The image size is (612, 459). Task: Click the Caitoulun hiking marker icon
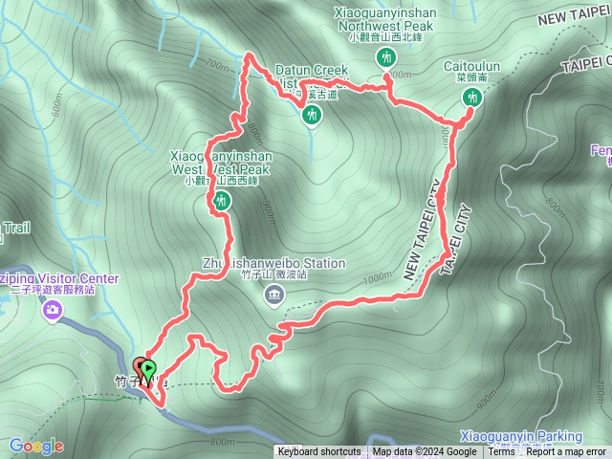(470, 98)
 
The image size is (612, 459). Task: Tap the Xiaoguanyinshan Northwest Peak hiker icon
(385, 57)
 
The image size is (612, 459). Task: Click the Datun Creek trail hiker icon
(310, 116)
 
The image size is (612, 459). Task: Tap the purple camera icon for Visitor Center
(52, 309)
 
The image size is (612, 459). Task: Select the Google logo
(36, 446)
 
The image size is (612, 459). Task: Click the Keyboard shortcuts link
(319, 452)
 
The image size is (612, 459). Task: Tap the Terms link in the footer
(502, 452)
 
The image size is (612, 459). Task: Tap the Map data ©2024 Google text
(425, 452)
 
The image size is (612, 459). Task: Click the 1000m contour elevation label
(378, 275)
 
